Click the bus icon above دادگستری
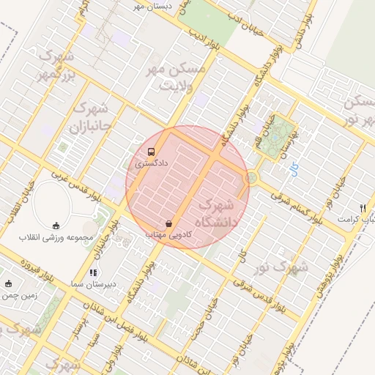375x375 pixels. pyautogui.click(x=151, y=152)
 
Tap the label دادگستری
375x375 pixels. pyautogui.click(x=152, y=164)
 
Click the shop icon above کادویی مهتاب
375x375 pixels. pyautogui.click(x=170, y=223)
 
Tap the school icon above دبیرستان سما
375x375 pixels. pyautogui.click(x=92, y=272)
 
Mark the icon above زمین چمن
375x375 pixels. pyautogui.click(x=8, y=284)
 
